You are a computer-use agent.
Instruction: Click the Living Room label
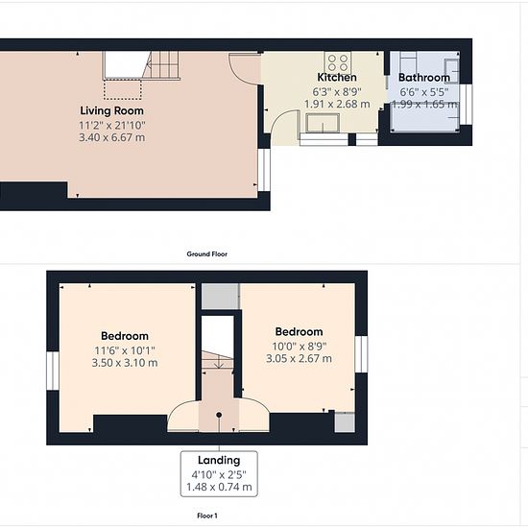tap(111, 110)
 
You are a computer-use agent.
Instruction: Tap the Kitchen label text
tap(337, 77)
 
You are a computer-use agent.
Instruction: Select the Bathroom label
tap(424, 78)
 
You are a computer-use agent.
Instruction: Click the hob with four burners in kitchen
tap(338, 62)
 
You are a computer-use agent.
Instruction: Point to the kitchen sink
tap(323, 123)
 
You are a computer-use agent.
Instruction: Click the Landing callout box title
tap(219, 460)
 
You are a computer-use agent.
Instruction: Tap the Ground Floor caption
tap(207, 254)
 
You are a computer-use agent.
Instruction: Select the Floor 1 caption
tap(207, 516)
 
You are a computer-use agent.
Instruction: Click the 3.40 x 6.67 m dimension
tap(111, 137)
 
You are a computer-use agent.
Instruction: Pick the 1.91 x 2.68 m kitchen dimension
tap(337, 104)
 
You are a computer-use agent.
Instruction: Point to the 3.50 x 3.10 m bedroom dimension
tap(125, 363)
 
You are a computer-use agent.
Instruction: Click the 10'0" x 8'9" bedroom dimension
tap(299, 347)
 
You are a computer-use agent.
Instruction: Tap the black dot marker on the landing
tap(219, 415)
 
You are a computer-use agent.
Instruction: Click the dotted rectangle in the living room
tap(123, 89)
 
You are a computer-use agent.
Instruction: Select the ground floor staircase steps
tap(160, 65)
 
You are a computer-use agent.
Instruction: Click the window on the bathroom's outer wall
tap(466, 105)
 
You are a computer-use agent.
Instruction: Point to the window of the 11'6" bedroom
tap(53, 371)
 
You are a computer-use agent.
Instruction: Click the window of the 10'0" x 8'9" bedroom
tap(361, 354)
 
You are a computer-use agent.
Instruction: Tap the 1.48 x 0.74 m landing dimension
tap(219, 487)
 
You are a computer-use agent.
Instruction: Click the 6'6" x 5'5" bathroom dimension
tap(424, 92)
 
